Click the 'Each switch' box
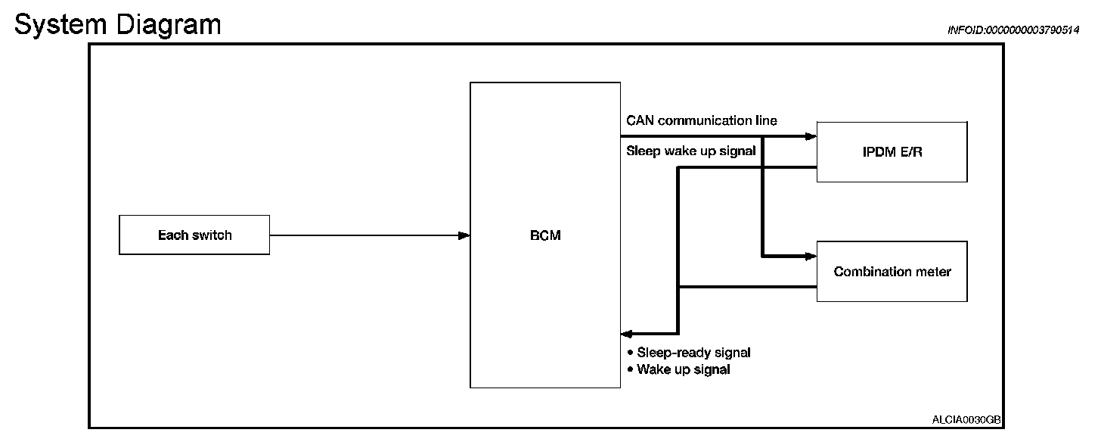coord(194,235)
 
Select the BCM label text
coord(545,235)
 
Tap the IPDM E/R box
coord(892,151)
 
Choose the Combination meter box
coord(892,272)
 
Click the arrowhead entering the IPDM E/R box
coord(811,137)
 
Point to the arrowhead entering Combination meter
coord(811,257)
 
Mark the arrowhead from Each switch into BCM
coord(464,235)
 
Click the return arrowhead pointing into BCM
coord(626,333)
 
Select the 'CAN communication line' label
coord(701,121)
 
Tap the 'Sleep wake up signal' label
coord(690,151)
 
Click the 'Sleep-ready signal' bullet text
coord(693,352)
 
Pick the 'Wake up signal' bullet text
coord(683,369)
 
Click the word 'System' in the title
coord(60,24)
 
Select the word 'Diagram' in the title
coord(168,24)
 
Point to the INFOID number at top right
coord(1013,30)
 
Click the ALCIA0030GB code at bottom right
coord(967,419)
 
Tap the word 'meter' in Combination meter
coord(933,272)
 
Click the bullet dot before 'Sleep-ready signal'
coord(631,352)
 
